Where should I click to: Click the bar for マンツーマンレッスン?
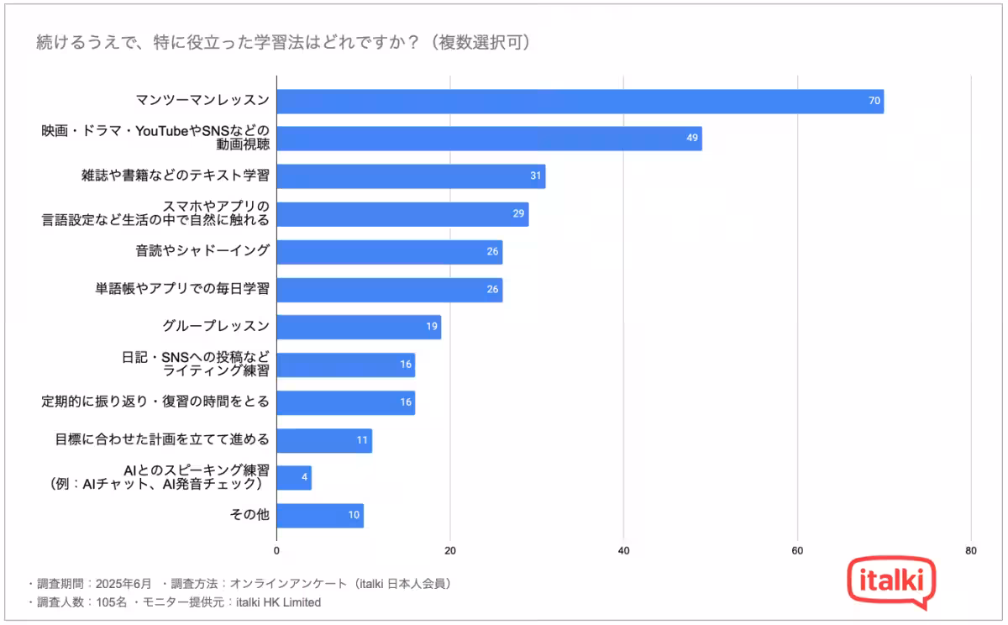click(x=580, y=102)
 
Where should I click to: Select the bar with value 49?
click(x=489, y=139)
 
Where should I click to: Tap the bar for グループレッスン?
click(x=359, y=327)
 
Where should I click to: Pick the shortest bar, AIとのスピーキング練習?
click(x=294, y=478)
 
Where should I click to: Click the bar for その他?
click(x=320, y=516)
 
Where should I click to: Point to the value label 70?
click(x=874, y=102)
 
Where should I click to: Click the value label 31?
click(x=536, y=176)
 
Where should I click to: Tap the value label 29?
click(x=518, y=214)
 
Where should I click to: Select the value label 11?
click(x=362, y=440)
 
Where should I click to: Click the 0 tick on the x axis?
click(x=277, y=551)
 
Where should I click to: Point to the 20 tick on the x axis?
click(x=450, y=551)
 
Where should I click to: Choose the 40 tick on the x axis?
click(x=623, y=551)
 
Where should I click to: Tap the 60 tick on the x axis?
click(x=797, y=551)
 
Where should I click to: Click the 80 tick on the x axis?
click(x=970, y=551)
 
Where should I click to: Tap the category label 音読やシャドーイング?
click(x=202, y=251)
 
